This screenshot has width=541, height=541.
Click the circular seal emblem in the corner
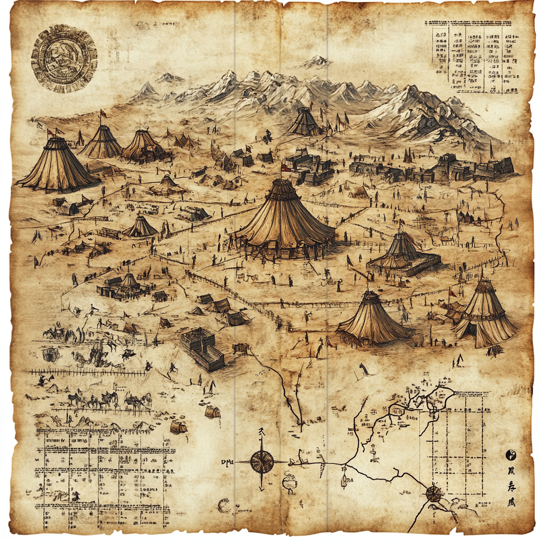click(x=63, y=56)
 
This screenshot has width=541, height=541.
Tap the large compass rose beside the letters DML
click(x=262, y=462)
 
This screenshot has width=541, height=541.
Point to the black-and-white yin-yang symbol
click(x=511, y=454)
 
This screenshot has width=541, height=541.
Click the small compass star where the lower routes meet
click(x=433, y=493)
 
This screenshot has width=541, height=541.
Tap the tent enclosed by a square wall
click(x=403, y=253)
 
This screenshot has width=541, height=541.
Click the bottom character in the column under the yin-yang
click(x=511, y=502)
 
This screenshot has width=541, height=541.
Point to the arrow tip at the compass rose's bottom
click(x=262, y=487)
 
